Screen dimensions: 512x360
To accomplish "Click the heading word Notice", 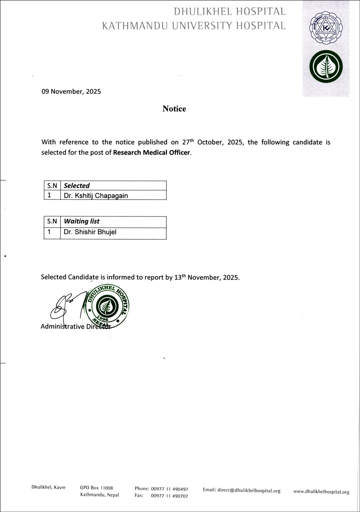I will pyautogui.click(x=174, y=109).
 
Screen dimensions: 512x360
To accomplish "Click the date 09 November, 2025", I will pyautogui.click(x=71, y=92).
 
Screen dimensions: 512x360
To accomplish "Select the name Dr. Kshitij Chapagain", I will pyautogui.click(x=96, y=196).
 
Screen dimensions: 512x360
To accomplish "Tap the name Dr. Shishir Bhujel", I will pyautogui.click(x=90, y=232).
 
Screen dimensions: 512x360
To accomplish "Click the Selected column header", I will pyautogui.click(x=77, y=186).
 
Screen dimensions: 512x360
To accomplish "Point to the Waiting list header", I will pyautogui.click(x=82, y=221).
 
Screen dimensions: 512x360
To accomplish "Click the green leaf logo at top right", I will pyautogui.click(x=326, y=67).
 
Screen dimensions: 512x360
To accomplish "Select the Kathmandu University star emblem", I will pyautogui.click(x=326, y=30).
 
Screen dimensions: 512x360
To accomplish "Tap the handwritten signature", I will pyautogui.click(x=67, y=305).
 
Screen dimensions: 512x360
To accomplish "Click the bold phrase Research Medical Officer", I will pyautogui.click(x=152, y=153).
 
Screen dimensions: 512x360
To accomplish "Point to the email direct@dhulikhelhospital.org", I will pyautogui.click(x=242, y=491).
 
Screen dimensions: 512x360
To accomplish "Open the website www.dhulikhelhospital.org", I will pyautogui.click(x=321, y=492).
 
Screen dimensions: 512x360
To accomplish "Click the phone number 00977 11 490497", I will pyautogui.click(x=169, y=489).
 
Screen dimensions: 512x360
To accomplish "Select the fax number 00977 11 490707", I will pyautogui.click(x=169, y=496).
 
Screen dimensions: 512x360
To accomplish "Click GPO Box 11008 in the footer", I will pyautogui.click(x=97, y=488).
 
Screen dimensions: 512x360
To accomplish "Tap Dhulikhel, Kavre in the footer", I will pyautogui.click(x=49, y=487).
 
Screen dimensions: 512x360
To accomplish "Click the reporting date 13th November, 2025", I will pyautogui.click(x=207, y=277).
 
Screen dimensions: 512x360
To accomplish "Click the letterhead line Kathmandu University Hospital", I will pyautogui.click(x=194, y=26).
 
